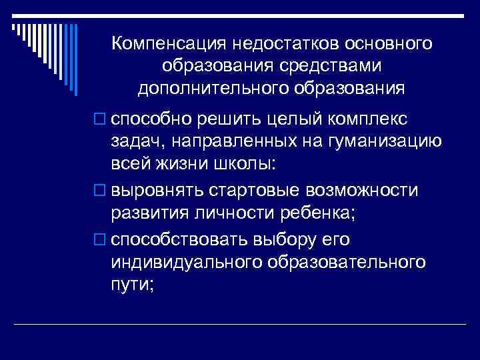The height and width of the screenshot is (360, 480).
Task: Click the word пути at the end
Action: [133, 287]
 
